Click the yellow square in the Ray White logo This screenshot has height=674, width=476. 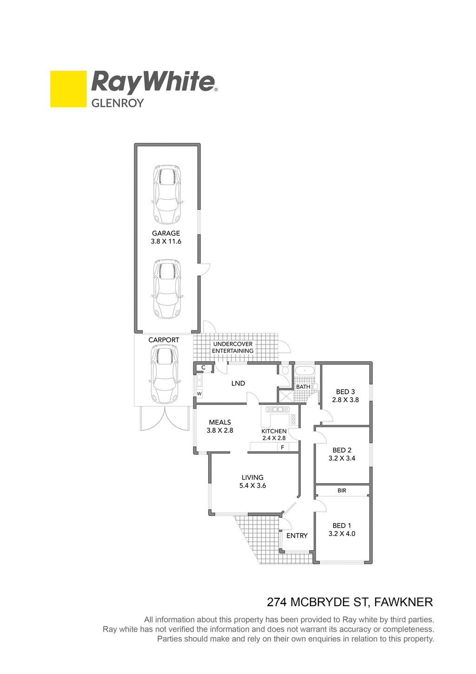coord(68,89)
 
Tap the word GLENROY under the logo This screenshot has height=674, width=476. coord(118,103)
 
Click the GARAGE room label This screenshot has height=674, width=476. coord(166,233)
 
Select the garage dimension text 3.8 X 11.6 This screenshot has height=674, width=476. coord(166,241)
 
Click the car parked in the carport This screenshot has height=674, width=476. coord(164,375)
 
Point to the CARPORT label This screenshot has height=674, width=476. coord(164,340)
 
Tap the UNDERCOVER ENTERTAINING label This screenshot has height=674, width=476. coord(233,347)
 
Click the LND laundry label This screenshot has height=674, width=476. coord(238,384)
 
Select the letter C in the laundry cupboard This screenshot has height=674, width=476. coord(203,367)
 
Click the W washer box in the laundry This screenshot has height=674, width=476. coord(199,394)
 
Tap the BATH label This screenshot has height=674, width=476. coord(303,387)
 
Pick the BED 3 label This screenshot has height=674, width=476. coord(345,392)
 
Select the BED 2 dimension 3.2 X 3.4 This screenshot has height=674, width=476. coord(342,458)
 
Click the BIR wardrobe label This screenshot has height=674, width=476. coord(342,491)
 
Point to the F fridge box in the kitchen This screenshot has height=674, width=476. coord(283,447)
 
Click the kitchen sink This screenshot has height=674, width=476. coord(277,410)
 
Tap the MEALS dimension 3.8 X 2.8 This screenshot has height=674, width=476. coord(220,430)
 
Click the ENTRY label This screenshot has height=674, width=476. coord(297,536)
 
